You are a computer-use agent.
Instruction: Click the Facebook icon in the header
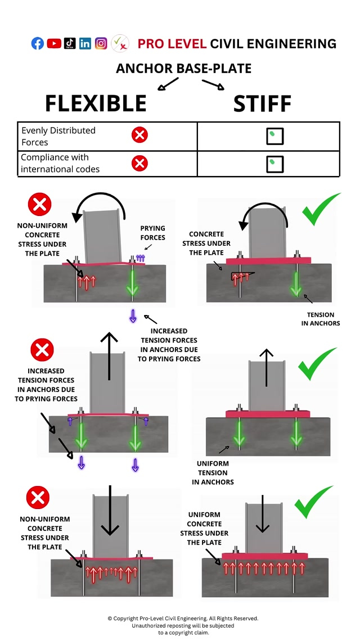[38, 43]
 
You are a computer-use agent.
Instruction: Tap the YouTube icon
[54, 43]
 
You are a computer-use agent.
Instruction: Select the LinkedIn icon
[85, 43]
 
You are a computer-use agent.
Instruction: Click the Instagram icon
[101, 43]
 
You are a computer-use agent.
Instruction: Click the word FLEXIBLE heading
[96, 103]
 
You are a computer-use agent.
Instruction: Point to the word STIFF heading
[262, 103]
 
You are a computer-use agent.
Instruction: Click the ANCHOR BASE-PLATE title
[183, 69]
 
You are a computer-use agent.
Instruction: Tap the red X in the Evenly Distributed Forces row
[139, 136]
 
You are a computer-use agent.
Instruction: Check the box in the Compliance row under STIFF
[274, 164]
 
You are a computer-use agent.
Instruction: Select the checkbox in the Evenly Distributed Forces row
[274, 136]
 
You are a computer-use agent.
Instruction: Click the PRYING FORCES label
[152, 233]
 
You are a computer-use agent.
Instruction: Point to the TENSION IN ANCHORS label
[321, 319]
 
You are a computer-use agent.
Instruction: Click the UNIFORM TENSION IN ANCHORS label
[213, 473]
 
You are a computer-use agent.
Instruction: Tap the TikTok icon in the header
[70, 43]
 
